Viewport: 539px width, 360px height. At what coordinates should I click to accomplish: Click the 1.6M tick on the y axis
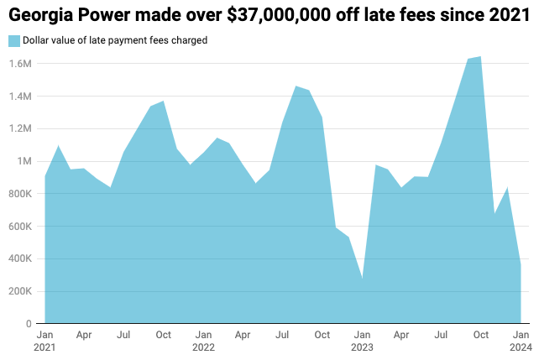click(x=21, y=64)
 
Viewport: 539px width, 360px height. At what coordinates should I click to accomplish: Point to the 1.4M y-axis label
click(x=21, y=97)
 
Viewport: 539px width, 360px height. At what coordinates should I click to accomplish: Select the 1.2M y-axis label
click(x=21, y=129)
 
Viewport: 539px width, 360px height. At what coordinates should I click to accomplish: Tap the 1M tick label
click(x=24, y=161)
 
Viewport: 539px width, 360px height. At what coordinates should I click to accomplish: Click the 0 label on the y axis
click(x=29, y=324)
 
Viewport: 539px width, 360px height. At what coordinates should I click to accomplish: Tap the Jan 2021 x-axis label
click(x=45, y=341)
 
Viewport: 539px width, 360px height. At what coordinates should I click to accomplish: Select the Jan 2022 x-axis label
click(x=203, y=341)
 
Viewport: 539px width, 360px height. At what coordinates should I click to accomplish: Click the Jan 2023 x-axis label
click(x=362, y=341)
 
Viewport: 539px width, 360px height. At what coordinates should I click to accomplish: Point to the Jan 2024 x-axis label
click(x=520, y=341)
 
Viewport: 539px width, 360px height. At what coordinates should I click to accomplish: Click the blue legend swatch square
click(x=13, y=40)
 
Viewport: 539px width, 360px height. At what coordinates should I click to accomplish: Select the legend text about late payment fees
click(x=115, y=40)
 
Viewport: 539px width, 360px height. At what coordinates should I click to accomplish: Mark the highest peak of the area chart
click(x=480, y=56)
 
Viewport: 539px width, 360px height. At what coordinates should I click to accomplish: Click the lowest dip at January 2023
click(x=362, y=279)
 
